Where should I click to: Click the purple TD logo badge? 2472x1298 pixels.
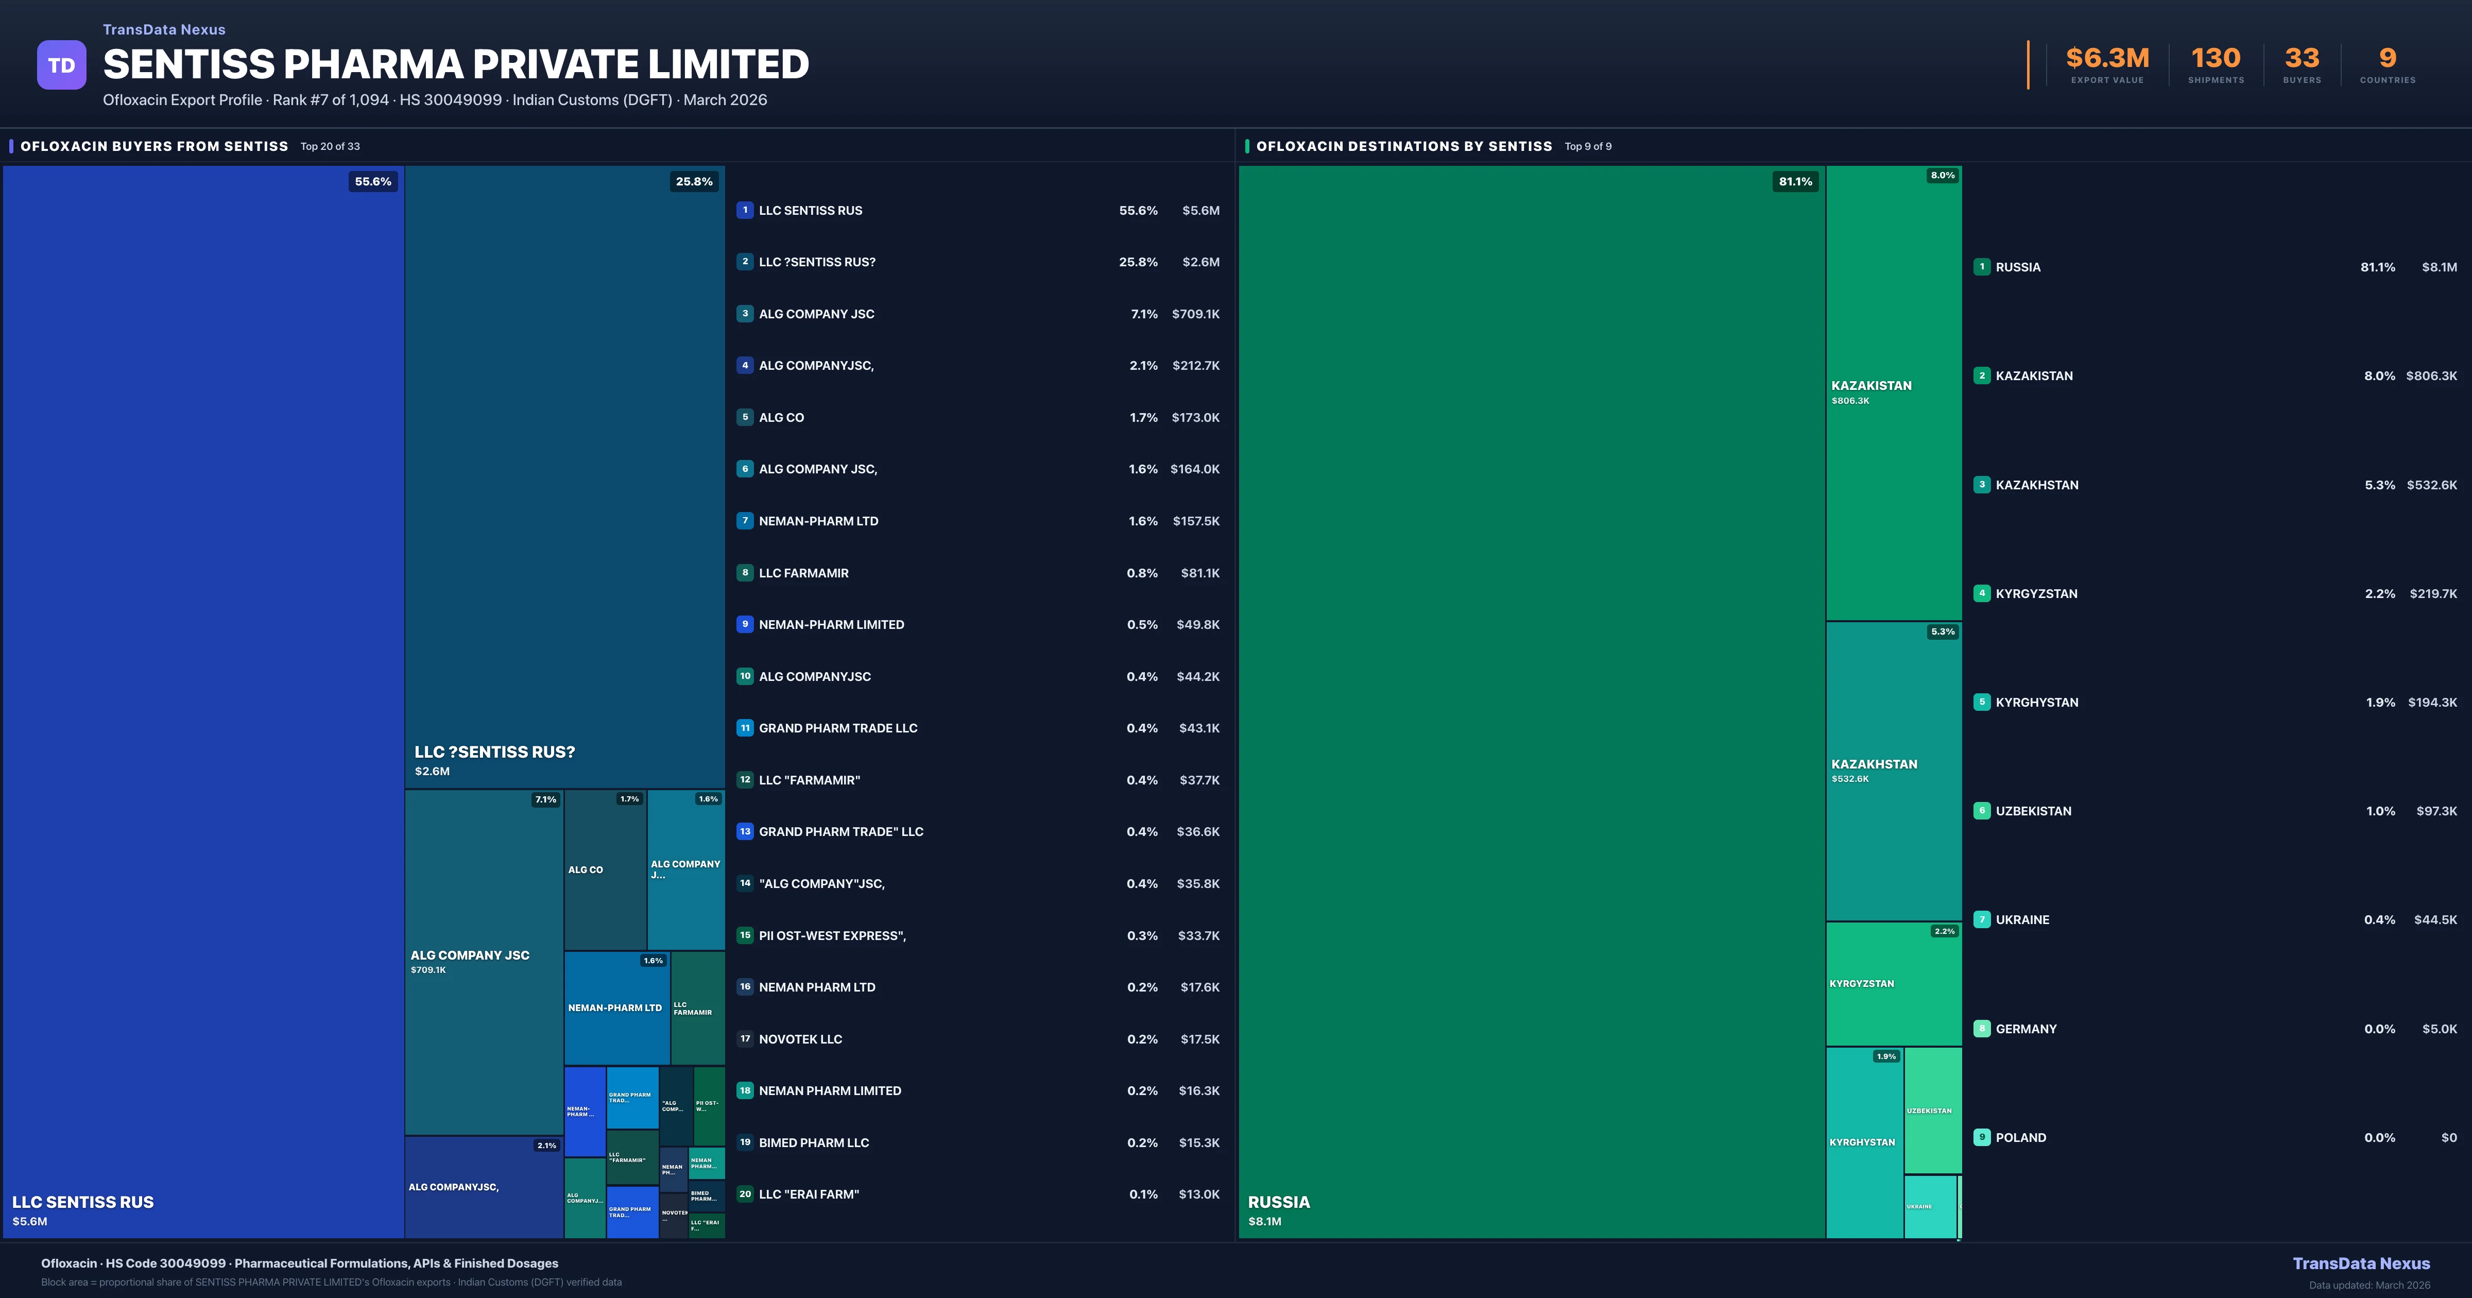pyautogui.click(x=61, y=65)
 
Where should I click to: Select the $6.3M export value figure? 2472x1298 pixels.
pyautogui.click(x=2107, y=59)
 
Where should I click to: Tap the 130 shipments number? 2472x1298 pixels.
pyautogui.click(x=2216, y=59)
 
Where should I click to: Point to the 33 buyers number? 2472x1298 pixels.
pyautogui.click(x=2302, y=59)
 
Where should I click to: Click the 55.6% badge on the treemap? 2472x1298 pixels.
pyautogui.click(x=373, y=181)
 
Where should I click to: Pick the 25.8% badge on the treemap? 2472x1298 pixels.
pyautogui.click(x=694, y=181)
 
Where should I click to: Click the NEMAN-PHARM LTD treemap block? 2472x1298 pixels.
pyautogui.click(x=615, y=1008)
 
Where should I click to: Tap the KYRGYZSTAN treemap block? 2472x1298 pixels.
pyautogui.click(x=1893, y=984)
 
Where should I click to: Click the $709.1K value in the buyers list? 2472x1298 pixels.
pyautogui.click(x=1195, y=314)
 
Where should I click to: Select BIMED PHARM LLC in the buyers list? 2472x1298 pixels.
pyautogui.click(x=814, y=1142)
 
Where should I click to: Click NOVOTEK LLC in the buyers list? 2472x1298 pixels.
pyautogui.click(x=800, y=1039)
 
